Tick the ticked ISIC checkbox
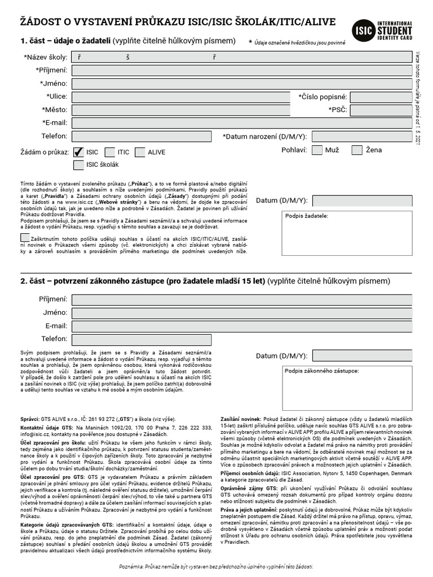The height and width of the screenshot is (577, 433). pyautogui.click(x=78, y=152)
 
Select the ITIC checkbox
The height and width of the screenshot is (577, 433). pyautogui.click(x=108, y=152)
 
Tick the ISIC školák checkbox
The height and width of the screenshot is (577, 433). pyautogui.click(x=78, y=165)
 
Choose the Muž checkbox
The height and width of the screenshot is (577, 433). pyautogui.click(x=317, y=150)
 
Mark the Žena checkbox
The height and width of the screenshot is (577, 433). pyautogui.click(x=357, y=150)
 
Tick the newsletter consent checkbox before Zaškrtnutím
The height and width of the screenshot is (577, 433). pyautogui.click(x=25, y=237)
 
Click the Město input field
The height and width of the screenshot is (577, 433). pyautogui.click(x=180, y=110)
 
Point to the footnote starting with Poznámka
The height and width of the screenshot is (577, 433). pyautogui.click(x=216, y=566)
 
